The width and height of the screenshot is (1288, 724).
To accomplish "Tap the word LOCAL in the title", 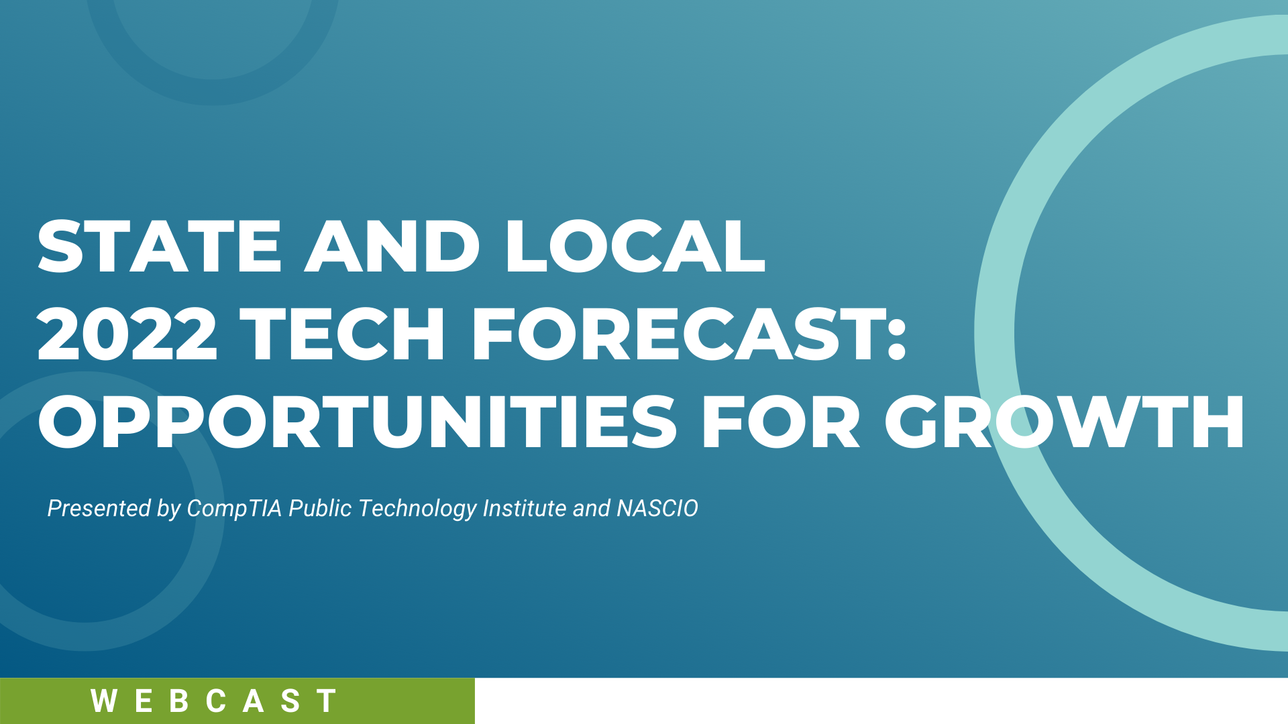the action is [x=635, y=247].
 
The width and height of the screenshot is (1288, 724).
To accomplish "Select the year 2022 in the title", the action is [x=127, y=334].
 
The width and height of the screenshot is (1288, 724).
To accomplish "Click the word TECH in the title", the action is [x=343, y=334].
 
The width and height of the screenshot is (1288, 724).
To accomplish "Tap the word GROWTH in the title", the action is [x=1065, y=422].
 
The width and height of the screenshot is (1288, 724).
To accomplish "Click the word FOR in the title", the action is [x=781, y=422].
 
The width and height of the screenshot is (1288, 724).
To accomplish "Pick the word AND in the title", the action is [x=392, y=247].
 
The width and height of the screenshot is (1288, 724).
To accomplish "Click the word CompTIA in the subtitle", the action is [x=234, y=509].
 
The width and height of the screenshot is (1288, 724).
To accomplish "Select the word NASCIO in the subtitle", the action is [x=657, y=508].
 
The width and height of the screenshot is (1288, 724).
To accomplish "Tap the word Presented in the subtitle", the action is [x=99, y=508].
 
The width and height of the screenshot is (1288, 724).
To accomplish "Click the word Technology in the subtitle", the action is [x=417, y=509].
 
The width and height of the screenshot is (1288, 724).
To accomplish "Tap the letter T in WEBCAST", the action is [x=327, y=701].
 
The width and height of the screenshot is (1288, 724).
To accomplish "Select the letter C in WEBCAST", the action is [x=216, y=701].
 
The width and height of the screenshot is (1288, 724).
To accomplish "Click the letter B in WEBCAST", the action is [x=178, y=701].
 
